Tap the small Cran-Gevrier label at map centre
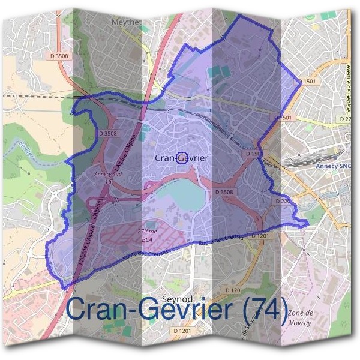(x=181, y=158)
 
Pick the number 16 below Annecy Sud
(x=108, y=181)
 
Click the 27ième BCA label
(x=146, y=235)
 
